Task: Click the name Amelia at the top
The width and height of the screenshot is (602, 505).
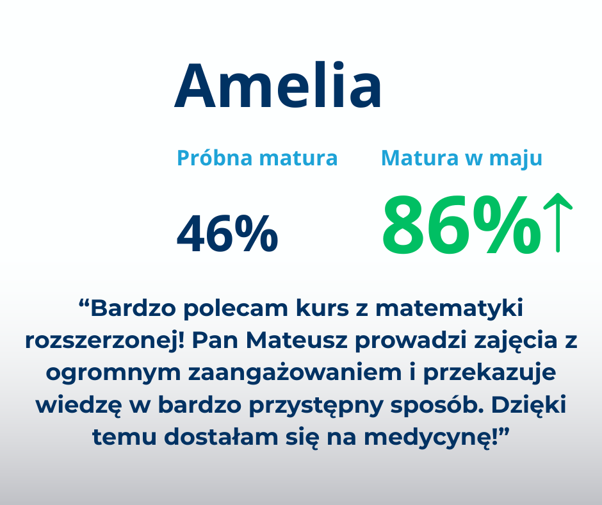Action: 278,85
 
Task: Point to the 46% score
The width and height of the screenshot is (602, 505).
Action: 227,234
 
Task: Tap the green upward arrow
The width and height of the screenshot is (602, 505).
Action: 558,223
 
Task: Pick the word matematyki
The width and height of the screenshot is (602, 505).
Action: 449,308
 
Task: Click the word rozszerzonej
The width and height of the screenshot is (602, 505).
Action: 105,340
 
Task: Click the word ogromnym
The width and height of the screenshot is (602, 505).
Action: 113,373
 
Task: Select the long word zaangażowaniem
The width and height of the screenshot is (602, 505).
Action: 295,373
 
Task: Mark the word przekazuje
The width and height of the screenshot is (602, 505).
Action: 489,373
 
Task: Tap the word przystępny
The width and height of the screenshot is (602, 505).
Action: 316,406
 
